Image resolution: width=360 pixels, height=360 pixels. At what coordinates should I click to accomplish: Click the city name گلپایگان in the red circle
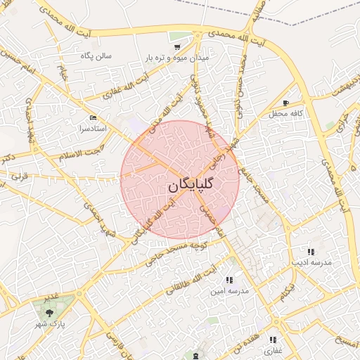191,186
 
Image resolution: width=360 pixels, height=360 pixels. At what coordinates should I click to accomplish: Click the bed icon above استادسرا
93,117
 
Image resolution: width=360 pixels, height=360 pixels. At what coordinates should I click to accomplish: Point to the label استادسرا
92,129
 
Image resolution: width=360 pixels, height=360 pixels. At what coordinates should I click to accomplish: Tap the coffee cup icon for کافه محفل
285,103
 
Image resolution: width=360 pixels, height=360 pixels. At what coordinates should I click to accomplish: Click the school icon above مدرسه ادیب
310,251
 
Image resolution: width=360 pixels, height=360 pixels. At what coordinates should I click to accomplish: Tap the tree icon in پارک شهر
49,313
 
